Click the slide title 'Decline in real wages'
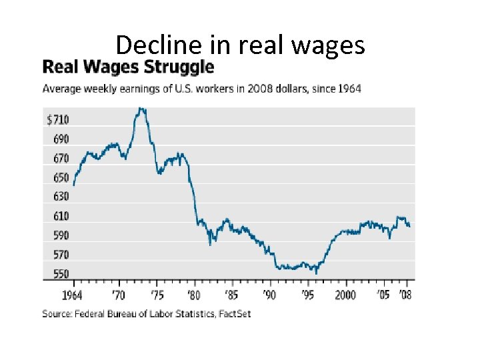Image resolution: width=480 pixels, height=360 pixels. (240, 45)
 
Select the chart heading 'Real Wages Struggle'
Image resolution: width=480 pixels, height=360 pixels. (128, 67)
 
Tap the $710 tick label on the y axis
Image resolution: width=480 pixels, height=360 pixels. (57, 120)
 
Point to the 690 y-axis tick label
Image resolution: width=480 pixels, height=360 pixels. (60, 139)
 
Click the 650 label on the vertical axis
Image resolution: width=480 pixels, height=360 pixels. (60, 178)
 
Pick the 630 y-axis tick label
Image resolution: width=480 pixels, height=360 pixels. (60, 197)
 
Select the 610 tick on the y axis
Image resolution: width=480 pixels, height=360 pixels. (60, 217)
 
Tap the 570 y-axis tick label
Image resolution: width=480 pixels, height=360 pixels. (60, 255)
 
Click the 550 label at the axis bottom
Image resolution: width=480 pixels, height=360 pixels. (60, 274)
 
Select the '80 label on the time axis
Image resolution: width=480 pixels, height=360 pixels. (194, 295)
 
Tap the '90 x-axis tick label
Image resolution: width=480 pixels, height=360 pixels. (269, 295)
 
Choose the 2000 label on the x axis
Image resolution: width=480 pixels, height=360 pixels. (345, 295)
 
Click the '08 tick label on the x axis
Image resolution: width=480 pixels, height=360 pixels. (405, 295)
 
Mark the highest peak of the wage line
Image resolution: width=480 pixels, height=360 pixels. (140, 109)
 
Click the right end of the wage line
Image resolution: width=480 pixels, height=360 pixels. (409, 227)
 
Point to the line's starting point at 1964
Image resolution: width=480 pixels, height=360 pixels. (73, 185)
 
